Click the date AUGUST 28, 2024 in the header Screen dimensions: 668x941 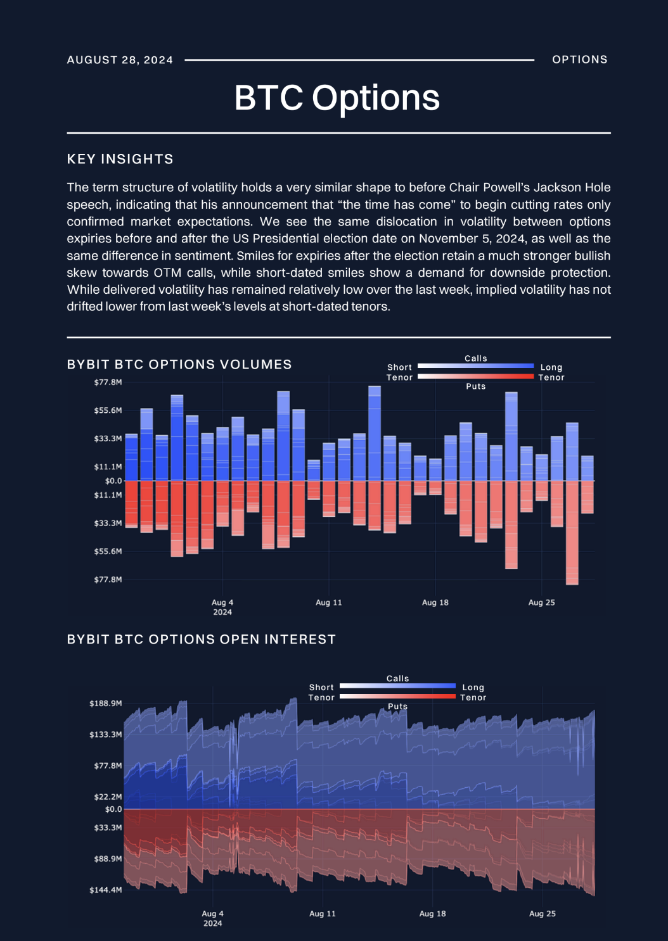click(120, 60)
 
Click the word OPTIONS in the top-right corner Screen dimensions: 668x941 click(580, 60)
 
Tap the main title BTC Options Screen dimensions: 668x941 click(337, 98)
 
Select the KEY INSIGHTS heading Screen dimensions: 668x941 click(120, 159)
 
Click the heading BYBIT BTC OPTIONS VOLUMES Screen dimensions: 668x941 click(179, 364)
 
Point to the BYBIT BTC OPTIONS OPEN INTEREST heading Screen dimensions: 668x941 click(202, 640)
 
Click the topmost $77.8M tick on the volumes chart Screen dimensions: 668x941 click(108, 382)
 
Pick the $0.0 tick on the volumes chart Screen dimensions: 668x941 click(113, 481)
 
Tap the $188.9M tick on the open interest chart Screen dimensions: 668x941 click(105, 704)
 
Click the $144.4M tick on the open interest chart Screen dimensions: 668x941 click(105, 890)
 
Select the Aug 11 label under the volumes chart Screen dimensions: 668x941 click(329, 602)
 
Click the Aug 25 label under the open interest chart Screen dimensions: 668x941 click(543, 914)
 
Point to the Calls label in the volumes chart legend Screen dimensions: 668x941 click(476, 358)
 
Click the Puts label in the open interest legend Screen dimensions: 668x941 click(397, 706)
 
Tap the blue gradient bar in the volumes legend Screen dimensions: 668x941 click(475, 366)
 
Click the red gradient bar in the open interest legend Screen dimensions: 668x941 click(397, 696)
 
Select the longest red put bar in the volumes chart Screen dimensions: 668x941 click(572, 533)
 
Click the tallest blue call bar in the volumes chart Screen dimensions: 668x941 click(375, 433)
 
